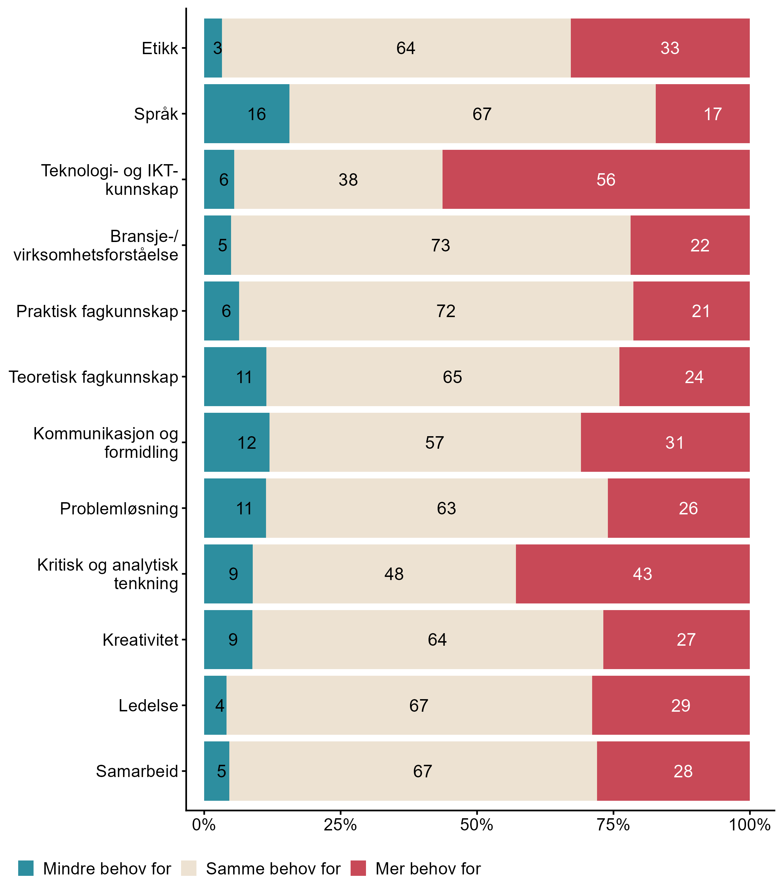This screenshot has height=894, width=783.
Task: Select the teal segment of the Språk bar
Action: coord(246,113)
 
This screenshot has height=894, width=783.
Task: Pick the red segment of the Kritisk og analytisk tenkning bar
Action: coord(632,573)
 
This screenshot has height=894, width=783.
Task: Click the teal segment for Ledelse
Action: coord(215,705)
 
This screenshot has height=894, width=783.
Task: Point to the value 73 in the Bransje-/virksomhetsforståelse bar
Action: coord(440,245)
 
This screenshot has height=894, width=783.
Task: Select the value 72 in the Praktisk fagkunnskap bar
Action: coord(446,311)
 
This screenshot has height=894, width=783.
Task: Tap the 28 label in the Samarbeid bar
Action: coord(682,771)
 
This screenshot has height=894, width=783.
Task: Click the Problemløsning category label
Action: coord(119,508)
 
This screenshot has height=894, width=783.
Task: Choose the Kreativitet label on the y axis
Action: coord(140,640)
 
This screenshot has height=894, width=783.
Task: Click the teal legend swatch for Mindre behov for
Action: coord(26,868)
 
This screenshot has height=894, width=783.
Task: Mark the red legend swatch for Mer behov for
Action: coord(358,868)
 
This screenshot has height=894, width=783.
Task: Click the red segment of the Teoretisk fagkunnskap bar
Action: coord(684,377)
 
